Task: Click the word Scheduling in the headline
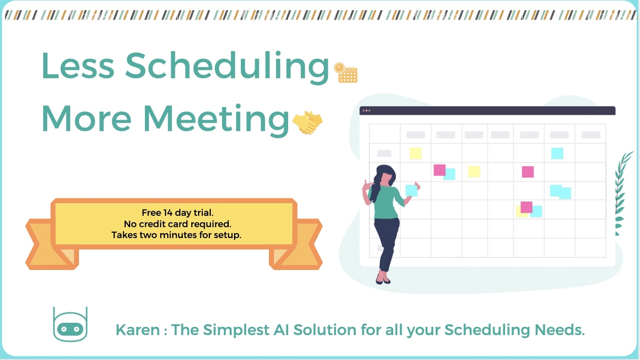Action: (x=227, y=67)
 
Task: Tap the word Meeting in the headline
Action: (x=216, y=120)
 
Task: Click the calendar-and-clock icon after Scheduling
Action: (x=346, y=73)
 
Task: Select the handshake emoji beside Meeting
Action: (x=307, y=122)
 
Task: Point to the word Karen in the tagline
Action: (x=138, y=330)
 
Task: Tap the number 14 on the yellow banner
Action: (x=168, y=213)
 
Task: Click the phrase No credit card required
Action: (x=177, y=224)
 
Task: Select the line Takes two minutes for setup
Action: (x=176, y=235)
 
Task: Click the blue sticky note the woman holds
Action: (x=411, y=190)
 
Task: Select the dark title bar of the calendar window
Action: (x=488, y=111)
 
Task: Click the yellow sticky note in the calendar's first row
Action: (x=416, y=153)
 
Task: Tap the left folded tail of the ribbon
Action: (x=47, y=245)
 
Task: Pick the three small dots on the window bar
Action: (x=366, y=111)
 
